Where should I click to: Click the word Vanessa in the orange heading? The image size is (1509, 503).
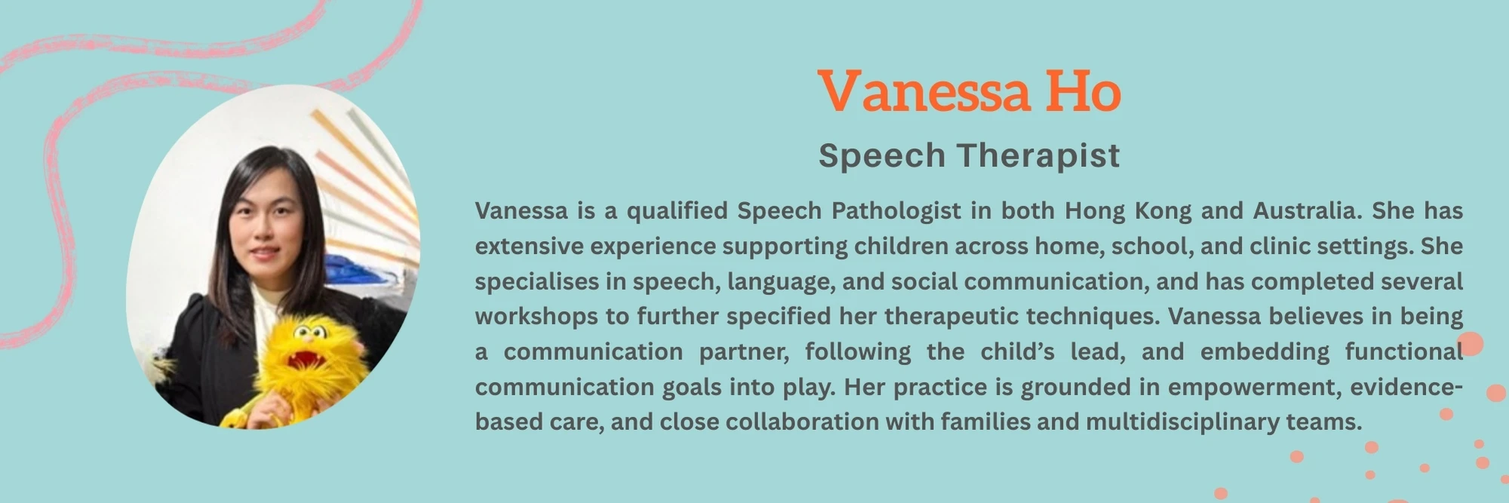click(924, 91)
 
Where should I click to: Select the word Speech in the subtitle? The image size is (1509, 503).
click(882, 156)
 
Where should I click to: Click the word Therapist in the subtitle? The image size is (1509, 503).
click(1039, 156)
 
